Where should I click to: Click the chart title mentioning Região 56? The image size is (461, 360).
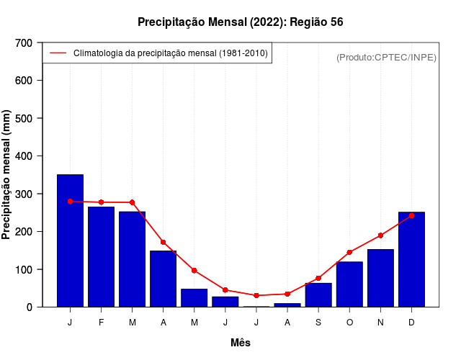coord(240,22)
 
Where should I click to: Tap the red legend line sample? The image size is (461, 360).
coord(58,53)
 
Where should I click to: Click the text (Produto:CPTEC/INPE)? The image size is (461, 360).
coord(386,57)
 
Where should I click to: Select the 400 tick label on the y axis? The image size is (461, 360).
coord(24,156)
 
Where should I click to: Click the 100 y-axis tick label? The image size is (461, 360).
coord(24,269)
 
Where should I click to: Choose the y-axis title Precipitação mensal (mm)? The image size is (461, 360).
coord(7,175)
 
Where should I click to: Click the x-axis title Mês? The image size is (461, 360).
coord(241,343)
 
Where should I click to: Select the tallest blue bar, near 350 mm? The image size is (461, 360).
coord(70,240)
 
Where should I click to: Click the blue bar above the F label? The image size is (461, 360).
coord(101,257)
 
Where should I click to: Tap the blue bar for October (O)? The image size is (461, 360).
coord(349,284)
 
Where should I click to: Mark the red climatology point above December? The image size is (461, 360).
coord(411,215)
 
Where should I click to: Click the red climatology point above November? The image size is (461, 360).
coord(380,235)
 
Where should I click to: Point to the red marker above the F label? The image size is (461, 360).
coord(101,202)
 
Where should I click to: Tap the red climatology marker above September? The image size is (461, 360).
coord(318,278)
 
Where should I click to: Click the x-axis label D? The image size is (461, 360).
coord(411,323)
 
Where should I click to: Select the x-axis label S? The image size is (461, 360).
coord(318,323)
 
